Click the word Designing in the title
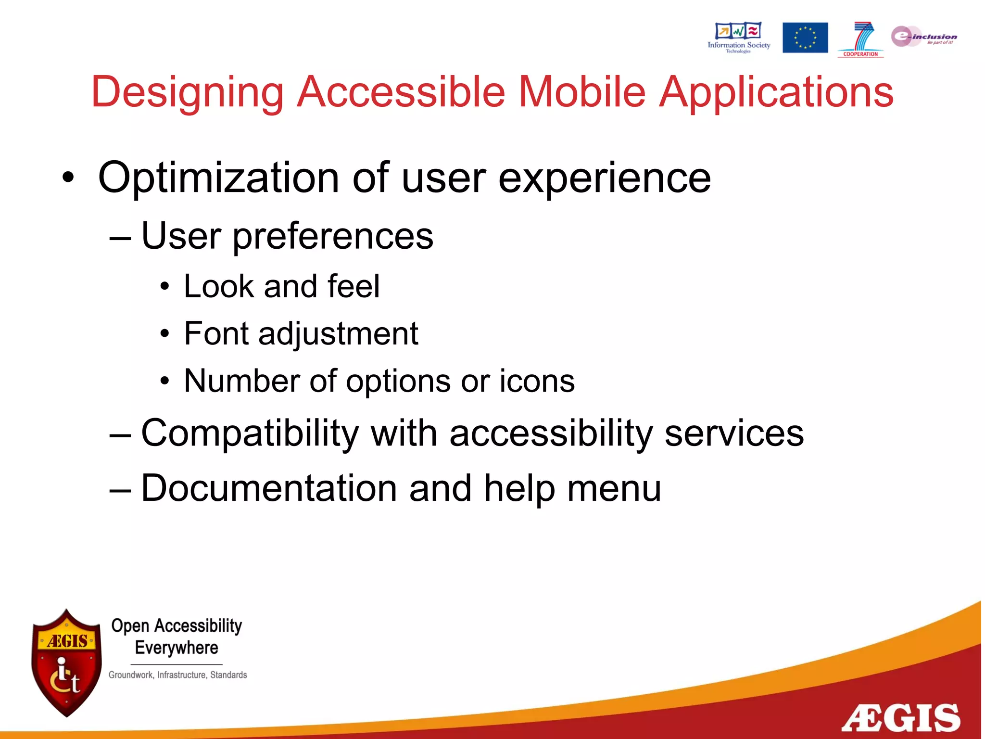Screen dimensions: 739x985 (188, 92)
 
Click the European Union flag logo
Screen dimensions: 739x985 (805, 38)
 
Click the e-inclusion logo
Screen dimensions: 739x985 (923, 37)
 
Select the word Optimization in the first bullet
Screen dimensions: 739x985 (219, 178)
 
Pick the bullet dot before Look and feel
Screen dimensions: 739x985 (165, 287)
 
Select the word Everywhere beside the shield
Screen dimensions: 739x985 (177, 648)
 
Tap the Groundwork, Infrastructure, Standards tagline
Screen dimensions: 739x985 (177, 675)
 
